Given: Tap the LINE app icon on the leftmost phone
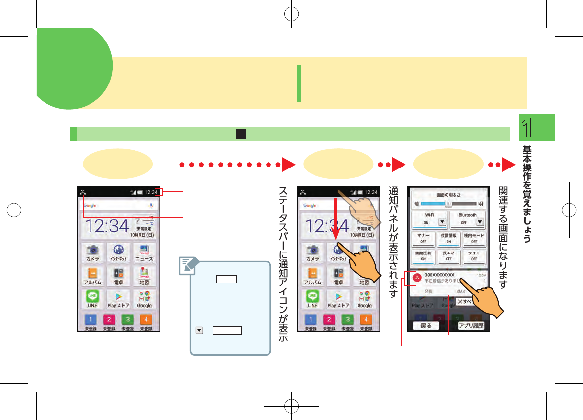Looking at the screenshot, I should point(92,298).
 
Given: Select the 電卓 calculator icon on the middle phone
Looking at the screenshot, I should point(338,275).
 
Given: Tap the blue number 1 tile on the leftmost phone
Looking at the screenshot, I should point(90,319).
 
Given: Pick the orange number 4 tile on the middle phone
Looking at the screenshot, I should point(366,319).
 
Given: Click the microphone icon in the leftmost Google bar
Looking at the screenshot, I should point(150,205).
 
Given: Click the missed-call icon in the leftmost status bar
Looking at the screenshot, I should point(82,192).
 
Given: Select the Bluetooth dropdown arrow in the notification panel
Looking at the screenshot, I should point(479,222).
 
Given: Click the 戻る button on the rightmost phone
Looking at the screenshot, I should point(426,326).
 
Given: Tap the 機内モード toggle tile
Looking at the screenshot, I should point(474,238).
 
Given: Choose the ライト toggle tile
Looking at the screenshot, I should point(474,256).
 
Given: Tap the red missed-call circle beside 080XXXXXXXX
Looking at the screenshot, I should point(417,278).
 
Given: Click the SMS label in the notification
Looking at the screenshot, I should point(460,292).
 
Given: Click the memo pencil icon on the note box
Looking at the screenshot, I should point(187,267).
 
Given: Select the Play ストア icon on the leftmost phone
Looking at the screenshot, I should point(118,298).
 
